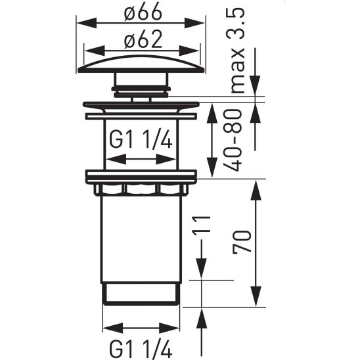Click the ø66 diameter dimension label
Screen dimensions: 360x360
click(x=141, y=12)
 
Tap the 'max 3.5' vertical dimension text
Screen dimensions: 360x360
click(x=238, y=52)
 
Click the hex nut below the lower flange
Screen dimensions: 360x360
click(x=141, y=190)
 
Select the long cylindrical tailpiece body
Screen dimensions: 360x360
click(x=141, y=240)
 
